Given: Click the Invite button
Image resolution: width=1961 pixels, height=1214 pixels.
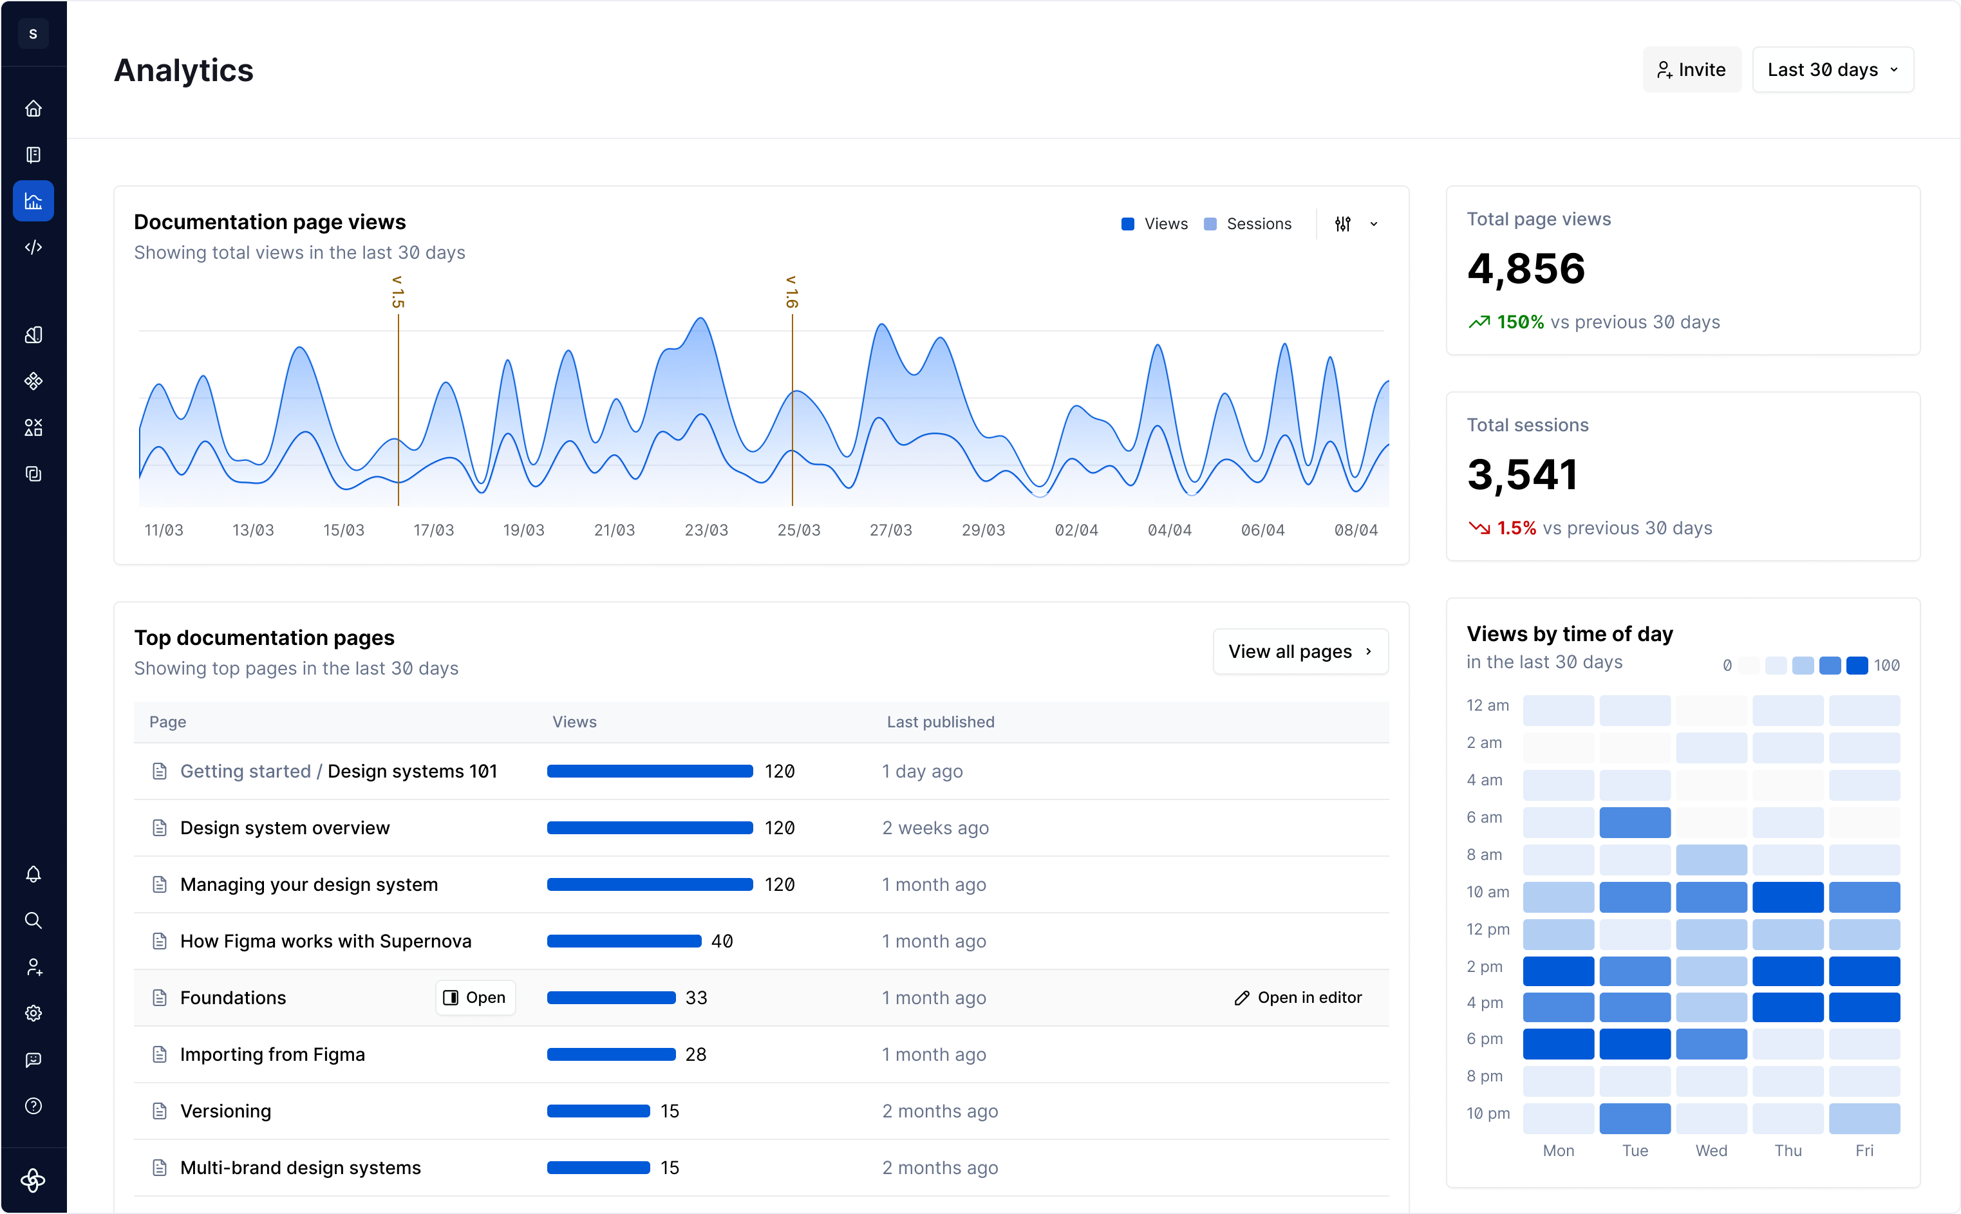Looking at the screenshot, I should pyautogui.click(x=1691, y=70).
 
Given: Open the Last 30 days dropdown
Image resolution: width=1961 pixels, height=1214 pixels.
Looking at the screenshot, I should pyautogui.click(x=1832, y=70).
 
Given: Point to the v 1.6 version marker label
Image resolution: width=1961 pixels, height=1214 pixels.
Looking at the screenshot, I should pyautogui.click(x=792, y=292).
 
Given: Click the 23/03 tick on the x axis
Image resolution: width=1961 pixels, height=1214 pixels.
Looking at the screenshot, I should pyautogui.click(x=706, y=530).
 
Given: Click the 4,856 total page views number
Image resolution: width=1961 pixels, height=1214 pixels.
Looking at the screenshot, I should pyautogui.click(x=1526, y=268).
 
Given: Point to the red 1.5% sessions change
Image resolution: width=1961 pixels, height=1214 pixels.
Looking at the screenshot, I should pyautogui.click(x=1515, y=528).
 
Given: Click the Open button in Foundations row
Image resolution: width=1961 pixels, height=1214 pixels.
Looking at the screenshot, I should pyautogui.click(x=475, y=997).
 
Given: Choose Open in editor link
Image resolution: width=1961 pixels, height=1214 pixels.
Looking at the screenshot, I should pyautogui.click(x=1299, y=997).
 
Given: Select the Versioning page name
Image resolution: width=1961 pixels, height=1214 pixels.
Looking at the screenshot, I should pyautogui.click(x=226, y=1111).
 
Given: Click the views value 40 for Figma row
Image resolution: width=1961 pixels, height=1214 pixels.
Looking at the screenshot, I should pyautogui.click(x=722, y=941).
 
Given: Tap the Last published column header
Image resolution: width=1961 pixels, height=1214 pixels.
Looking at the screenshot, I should pyautogui.click(x=941, y=722).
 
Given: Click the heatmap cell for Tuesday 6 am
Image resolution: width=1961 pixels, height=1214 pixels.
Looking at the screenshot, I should pyautogui.click(x=1634, y=822).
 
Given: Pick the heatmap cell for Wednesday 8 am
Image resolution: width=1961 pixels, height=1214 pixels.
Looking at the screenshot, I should pyautogui.click(x=1711, y=859).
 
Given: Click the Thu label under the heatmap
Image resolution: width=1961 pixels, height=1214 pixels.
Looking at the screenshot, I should pyautogui.click(x=1788, y=1150).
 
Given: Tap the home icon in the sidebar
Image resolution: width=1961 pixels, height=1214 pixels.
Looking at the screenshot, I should pyautogui.click(x=33, y=108).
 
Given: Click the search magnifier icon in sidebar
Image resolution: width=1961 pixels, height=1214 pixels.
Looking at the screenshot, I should pyautogui.click(x=33, y=920).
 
